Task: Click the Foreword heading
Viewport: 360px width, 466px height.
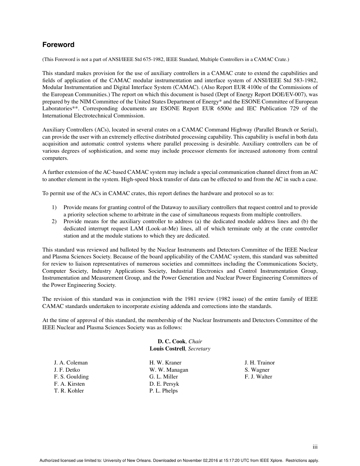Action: [x=58, y=45]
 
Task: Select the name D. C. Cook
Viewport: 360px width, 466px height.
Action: [x=171, y=341]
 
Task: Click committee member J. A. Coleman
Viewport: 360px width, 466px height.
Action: [x=70, y=363]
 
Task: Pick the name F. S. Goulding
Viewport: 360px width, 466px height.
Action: [x=71, y=377]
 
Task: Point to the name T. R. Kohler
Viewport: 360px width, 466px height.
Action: [x=69, y=391]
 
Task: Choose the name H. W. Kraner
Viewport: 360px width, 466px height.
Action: [x=165, y=363]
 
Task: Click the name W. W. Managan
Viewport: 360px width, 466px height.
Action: [x=169, y=370]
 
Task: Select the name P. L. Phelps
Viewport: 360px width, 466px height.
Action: [x=163, y=391]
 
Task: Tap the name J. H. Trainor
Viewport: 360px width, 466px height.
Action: [x=260, y=363]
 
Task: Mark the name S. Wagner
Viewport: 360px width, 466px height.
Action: [x=257, y=370]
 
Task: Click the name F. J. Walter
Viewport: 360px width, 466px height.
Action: [x=258, y=377]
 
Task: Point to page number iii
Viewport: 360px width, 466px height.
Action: [x=315, y=447]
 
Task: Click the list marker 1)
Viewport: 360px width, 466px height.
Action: [x=54, y=207]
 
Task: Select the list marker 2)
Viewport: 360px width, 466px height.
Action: [x=54, y=221]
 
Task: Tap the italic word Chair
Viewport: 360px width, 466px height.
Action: [x=195, y=341]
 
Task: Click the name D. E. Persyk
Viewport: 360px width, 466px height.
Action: [x=164, y=384]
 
